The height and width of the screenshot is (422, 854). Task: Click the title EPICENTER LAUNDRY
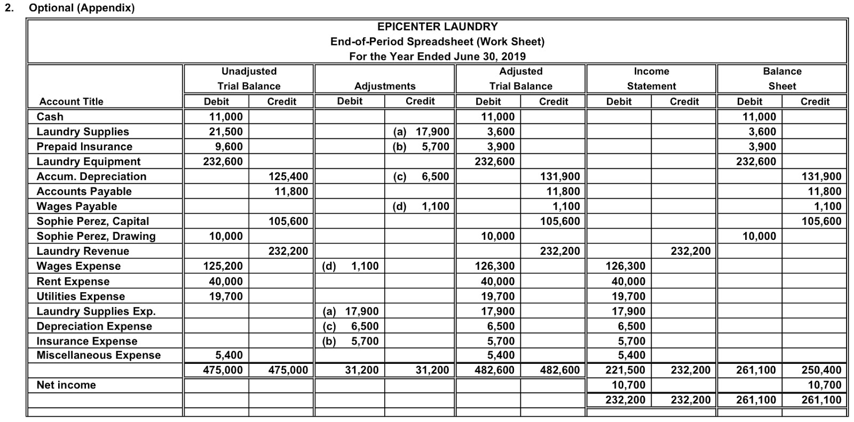pos(437,27)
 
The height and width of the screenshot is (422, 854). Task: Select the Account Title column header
pos(71,101)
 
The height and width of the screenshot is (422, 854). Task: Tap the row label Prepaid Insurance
pos(84,146)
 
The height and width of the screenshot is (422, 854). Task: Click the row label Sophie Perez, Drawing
pos(96,236)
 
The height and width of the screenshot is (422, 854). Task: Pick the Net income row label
pos(66,385)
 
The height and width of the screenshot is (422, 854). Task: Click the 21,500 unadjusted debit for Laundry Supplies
pos(225,131)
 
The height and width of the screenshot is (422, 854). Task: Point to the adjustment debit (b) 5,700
pos(351,341)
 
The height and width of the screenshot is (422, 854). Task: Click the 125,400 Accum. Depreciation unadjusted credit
pos(288,176)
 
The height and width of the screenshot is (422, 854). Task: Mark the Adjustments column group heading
pos(384,86)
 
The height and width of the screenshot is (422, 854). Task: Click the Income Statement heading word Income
pos(651,72)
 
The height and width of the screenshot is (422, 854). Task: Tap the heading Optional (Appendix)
pos(82,8)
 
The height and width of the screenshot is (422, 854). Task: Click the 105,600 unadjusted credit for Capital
pos(288,221)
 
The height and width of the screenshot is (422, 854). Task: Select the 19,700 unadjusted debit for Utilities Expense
pos(225,296)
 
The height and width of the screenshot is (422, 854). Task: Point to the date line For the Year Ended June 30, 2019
pos(437,56)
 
